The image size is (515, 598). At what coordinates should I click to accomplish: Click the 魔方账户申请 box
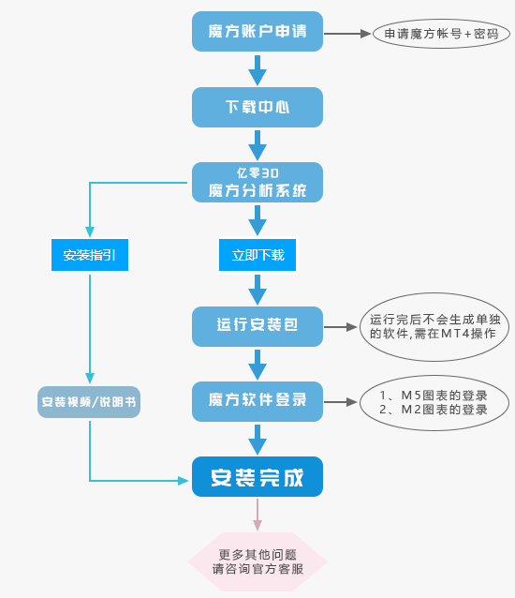pos(257,31)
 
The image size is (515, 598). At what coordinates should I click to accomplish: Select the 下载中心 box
pos(257,107)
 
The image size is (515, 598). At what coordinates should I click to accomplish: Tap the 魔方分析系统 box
pos(257,182)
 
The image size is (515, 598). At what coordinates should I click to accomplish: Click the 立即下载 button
pos(257,255)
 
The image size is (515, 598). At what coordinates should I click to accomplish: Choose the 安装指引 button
pos(90,255)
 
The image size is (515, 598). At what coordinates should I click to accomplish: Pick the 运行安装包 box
pos(257,326)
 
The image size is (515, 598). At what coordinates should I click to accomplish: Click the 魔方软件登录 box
pos(257,401)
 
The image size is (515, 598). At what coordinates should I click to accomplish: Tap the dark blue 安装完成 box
pos(257,477)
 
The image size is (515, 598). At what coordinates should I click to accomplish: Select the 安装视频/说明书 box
pos(89,402)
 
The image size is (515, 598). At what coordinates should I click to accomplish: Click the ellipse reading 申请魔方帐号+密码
pos(441,34)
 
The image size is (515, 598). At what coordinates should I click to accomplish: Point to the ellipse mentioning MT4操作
pos(434,327)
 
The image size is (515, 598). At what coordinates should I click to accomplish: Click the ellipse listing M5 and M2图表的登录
pos(434,403)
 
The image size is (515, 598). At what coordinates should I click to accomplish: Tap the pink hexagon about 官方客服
pos(257,561)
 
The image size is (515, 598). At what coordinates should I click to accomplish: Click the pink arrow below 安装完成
pos(257,515)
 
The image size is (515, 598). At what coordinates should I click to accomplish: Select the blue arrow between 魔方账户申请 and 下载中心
pos(257,70)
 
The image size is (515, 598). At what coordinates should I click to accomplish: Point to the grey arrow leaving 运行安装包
pos(340,327)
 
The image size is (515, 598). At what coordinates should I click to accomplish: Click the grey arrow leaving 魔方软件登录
pos(340,402)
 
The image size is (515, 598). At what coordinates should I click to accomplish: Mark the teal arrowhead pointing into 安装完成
pos(184,481)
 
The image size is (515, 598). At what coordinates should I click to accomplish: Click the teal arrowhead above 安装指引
pos(90,232)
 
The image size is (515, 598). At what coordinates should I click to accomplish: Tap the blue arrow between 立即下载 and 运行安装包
pos(257,290)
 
